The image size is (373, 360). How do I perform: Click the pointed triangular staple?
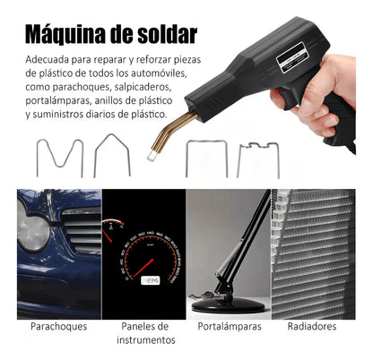(x=113, y=154)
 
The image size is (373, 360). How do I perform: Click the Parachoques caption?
(x=58, y=327)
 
